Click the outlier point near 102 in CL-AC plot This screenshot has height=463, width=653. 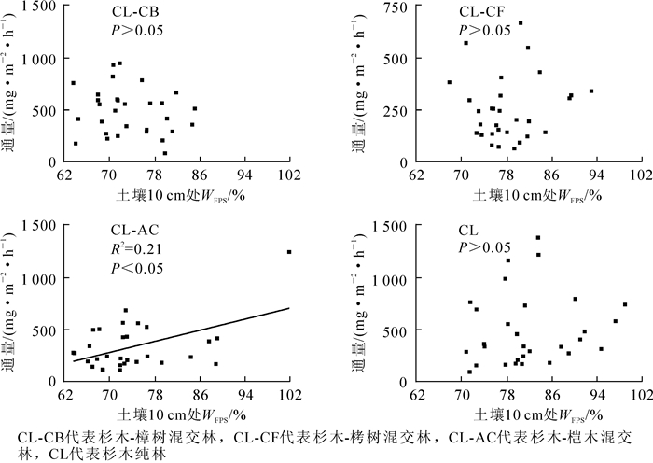click(289, 252)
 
